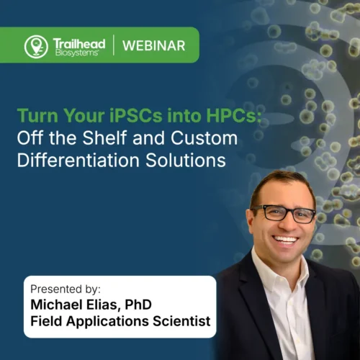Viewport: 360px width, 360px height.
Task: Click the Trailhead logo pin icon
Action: click(36, 46)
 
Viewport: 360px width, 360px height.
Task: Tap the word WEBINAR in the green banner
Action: click(154, 46)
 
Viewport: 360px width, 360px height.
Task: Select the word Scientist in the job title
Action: click(179, 322)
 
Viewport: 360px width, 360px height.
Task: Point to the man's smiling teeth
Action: click(286, 238)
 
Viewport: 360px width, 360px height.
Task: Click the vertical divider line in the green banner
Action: click(113, 45)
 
